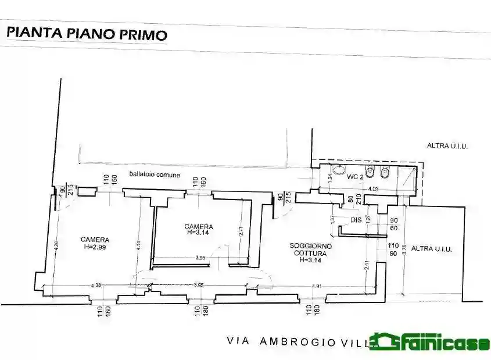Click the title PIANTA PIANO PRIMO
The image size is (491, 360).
pyautogui.click(x=86, y=34)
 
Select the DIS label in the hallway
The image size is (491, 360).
pyautogui.click(x=357, y=220)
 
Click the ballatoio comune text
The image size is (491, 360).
pyautogui.click(x=155, y=174)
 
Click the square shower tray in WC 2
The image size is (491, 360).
pyautogui.click(x=408, y=176)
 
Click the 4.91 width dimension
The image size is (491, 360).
pyautogui.click(x=317, y=286)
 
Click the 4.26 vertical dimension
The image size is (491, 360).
pyautogui.click(x=56, y=246)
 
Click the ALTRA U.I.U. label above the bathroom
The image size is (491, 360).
pyautogui.click(x=447, y=147)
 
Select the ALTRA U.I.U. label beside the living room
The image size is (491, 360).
pyautogui.click(x=431, y=248)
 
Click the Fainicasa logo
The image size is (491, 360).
pyautogui.click(x=430, y=342)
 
